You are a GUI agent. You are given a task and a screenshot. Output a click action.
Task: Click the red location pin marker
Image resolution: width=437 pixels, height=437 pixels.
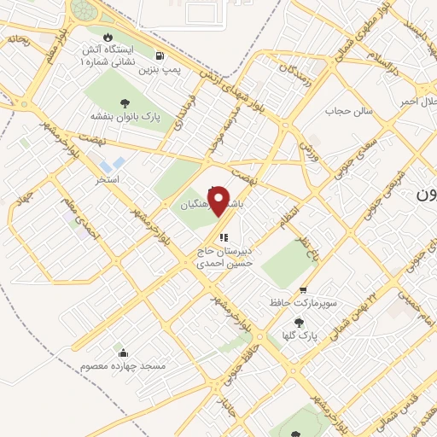(x=218, y=201)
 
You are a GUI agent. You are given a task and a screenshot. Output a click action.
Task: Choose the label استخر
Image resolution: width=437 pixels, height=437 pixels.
(x=108, y=180)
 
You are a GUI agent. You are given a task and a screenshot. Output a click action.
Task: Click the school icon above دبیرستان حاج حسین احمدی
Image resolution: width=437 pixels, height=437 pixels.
(x=223, y=238)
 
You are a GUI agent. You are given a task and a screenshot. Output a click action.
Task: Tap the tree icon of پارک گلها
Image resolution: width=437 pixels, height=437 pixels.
(x=298, y=323)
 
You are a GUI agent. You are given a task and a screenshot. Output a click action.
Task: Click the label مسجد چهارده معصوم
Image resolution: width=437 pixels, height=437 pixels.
(x=123, y=365)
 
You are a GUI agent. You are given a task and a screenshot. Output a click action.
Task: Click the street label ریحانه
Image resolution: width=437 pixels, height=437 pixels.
(x=17, y=39)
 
